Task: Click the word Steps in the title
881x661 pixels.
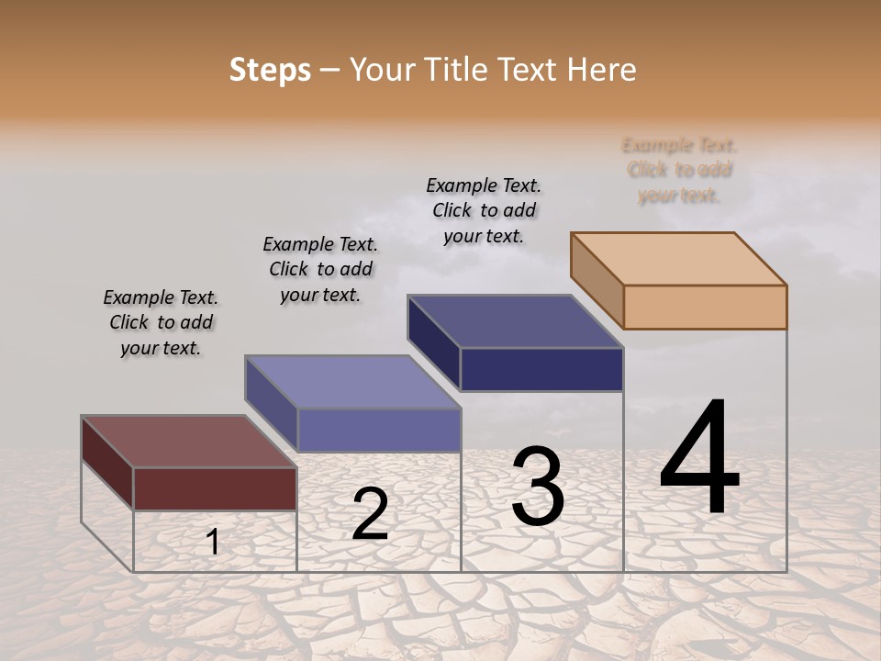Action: pos(270,70)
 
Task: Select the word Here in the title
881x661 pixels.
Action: pos(601,70)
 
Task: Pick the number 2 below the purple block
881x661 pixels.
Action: pos(370,514)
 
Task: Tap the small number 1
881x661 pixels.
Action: pos(213,542)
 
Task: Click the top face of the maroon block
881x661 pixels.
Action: pos(188,442)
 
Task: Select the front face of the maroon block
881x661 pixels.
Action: pos(215,488)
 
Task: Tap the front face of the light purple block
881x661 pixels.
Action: pos(379,430)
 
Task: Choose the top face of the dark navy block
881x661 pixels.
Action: pos(516,321)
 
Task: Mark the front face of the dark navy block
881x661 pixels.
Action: pos(541,369)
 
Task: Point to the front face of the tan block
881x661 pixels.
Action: pos(705,307)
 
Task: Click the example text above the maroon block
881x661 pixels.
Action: pos(161,322)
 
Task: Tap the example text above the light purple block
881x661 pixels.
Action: pos(320,269)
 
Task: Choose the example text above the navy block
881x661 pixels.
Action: pos(484,210)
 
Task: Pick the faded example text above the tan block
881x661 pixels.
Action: pos(679,170)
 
